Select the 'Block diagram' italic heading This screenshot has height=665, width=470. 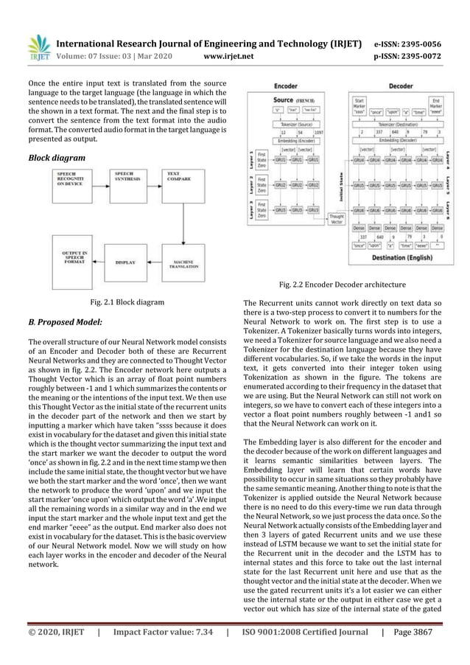coord(56,158)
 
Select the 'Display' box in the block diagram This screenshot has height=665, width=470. coord(124,261)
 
